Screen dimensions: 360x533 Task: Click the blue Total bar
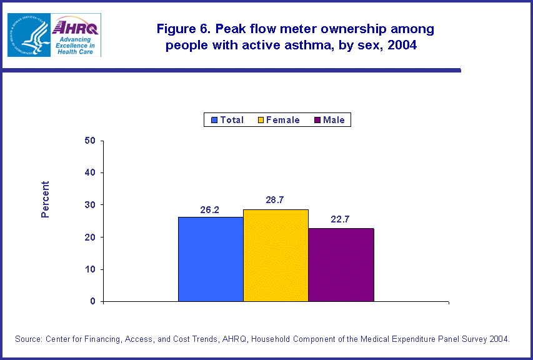(x=211, y=259)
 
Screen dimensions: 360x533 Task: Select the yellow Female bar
(x=276, y=256)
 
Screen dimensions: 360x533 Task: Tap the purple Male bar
(x=341, y=265)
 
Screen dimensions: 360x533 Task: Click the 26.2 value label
(x=209, y=210)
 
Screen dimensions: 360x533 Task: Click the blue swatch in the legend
(x=214, y=120)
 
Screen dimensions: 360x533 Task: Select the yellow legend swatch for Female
(x=261, y=120)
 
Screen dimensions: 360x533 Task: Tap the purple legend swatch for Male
(x=317, y=120)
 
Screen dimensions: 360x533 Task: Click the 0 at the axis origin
(x=92, y=302)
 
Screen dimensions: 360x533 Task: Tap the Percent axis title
(x=45, y=199)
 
